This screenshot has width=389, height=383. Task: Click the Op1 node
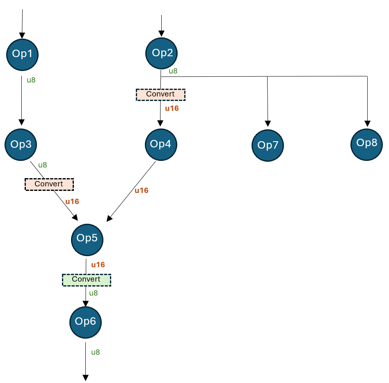point(23,54)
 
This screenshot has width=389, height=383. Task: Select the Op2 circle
point(162,53)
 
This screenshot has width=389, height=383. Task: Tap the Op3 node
point(21,144)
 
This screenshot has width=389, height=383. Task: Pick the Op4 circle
point(161,144)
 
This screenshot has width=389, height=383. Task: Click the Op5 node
point(87,239)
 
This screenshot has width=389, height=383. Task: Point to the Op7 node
point(268,145)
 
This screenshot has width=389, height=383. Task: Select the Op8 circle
point(366,143)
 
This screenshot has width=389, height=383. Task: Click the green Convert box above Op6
point(86,280)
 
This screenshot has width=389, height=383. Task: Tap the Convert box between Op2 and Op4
point(160,94)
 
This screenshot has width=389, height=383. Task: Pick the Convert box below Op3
point(49,184)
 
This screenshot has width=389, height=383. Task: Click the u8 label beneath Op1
point(31,80)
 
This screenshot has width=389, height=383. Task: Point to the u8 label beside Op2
point(173,71)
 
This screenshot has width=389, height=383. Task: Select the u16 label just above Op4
point(172,109)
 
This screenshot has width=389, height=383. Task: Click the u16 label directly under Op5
point(98,265)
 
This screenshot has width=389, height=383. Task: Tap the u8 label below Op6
point(96,352)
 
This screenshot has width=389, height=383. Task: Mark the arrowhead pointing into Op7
point(268,123)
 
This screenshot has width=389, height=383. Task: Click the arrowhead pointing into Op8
point(367,123)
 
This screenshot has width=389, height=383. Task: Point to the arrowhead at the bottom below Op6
point(86,378)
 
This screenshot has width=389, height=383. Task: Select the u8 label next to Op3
point(43,165)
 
